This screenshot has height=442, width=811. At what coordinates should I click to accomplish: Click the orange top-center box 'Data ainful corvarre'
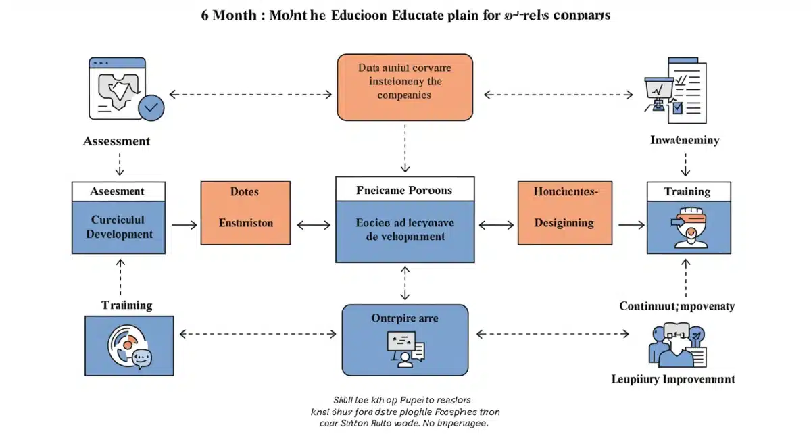[404, 88]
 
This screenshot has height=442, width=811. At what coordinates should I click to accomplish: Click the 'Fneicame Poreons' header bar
[404, 191]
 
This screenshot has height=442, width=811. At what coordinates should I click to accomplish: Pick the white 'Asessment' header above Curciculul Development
[118, 191]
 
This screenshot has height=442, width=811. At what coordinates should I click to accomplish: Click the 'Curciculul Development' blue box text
[118, 227]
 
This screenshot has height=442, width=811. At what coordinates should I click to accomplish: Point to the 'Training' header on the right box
[688, 191]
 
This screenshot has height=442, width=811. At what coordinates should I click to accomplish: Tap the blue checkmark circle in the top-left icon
[151, 107]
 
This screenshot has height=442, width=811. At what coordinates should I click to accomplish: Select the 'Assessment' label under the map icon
[116, 141]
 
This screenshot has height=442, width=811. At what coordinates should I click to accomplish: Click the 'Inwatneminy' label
[685, 141]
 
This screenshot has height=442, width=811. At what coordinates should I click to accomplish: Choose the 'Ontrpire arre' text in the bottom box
[404, 318]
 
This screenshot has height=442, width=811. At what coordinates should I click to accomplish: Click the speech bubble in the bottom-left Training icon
[141, 358]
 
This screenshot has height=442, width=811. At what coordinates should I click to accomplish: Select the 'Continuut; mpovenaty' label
[677, 306]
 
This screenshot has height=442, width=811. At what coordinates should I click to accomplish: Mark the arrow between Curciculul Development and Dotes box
[183, 224]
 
